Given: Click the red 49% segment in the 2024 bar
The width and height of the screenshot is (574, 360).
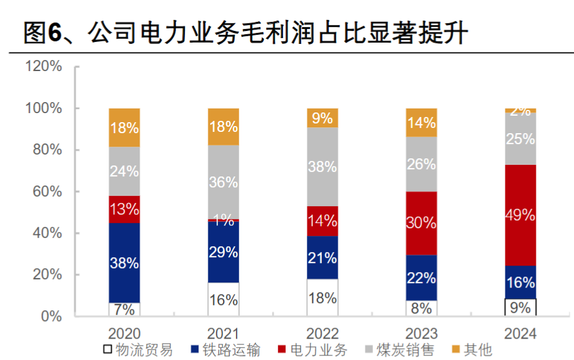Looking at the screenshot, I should pos(520,215).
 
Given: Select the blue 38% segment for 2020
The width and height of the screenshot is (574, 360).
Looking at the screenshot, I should pos(124,263).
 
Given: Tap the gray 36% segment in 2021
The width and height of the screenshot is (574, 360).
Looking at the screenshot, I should pos(223,182).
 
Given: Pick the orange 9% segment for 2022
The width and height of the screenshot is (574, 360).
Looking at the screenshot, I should pos(322,118).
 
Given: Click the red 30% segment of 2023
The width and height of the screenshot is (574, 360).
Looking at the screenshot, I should pos(421,223).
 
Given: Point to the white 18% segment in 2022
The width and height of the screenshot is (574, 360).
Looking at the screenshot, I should pos(322,298).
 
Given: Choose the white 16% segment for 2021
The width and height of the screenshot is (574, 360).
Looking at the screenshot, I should pos(223,299).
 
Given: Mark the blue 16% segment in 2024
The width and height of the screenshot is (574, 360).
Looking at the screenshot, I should pos(520,282).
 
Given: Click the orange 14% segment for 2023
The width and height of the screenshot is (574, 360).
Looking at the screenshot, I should pos(421,123).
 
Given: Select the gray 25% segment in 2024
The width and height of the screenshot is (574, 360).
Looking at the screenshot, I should pos(520,139).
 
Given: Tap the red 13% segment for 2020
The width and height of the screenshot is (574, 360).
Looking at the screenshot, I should pos(124,209).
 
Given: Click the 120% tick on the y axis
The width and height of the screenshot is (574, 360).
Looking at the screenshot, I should pos(44,67).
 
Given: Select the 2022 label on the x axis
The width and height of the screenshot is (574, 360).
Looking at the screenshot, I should pos(322,334).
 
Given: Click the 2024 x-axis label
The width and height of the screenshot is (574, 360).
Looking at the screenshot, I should pos(520,334).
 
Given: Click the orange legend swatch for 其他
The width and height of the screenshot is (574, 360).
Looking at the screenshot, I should pos(456,350).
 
